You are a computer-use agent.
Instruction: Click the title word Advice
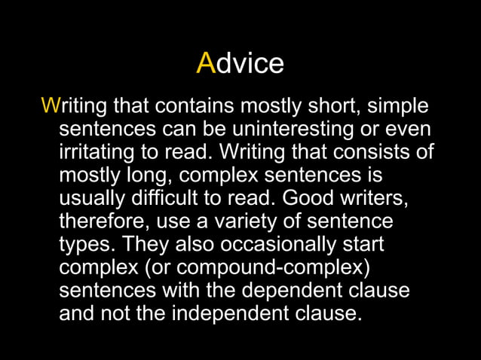click(x=240, y=63)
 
